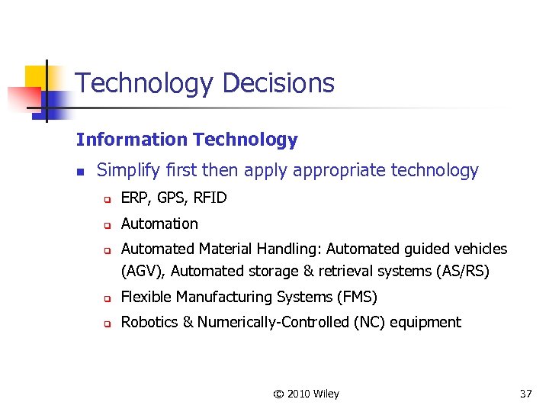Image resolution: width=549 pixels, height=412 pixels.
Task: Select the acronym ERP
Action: pyautogui.click(x=135, y=198)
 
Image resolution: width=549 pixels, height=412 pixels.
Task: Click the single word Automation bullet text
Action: pyautogui.click(x=159, y=224)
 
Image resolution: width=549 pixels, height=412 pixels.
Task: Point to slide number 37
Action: pyautogui.click(x=525, y=394)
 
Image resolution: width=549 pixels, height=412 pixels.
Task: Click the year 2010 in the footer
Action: pyautogui.click(x=299, y=394)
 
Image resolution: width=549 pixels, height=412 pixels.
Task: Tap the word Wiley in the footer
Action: pyautogui.click(x=326, y=394)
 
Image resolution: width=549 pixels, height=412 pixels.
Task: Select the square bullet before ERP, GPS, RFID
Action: pyautogui.click(x=108, y=200)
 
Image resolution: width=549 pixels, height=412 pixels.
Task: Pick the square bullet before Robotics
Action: pyautogui.click(x=108, y=323)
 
